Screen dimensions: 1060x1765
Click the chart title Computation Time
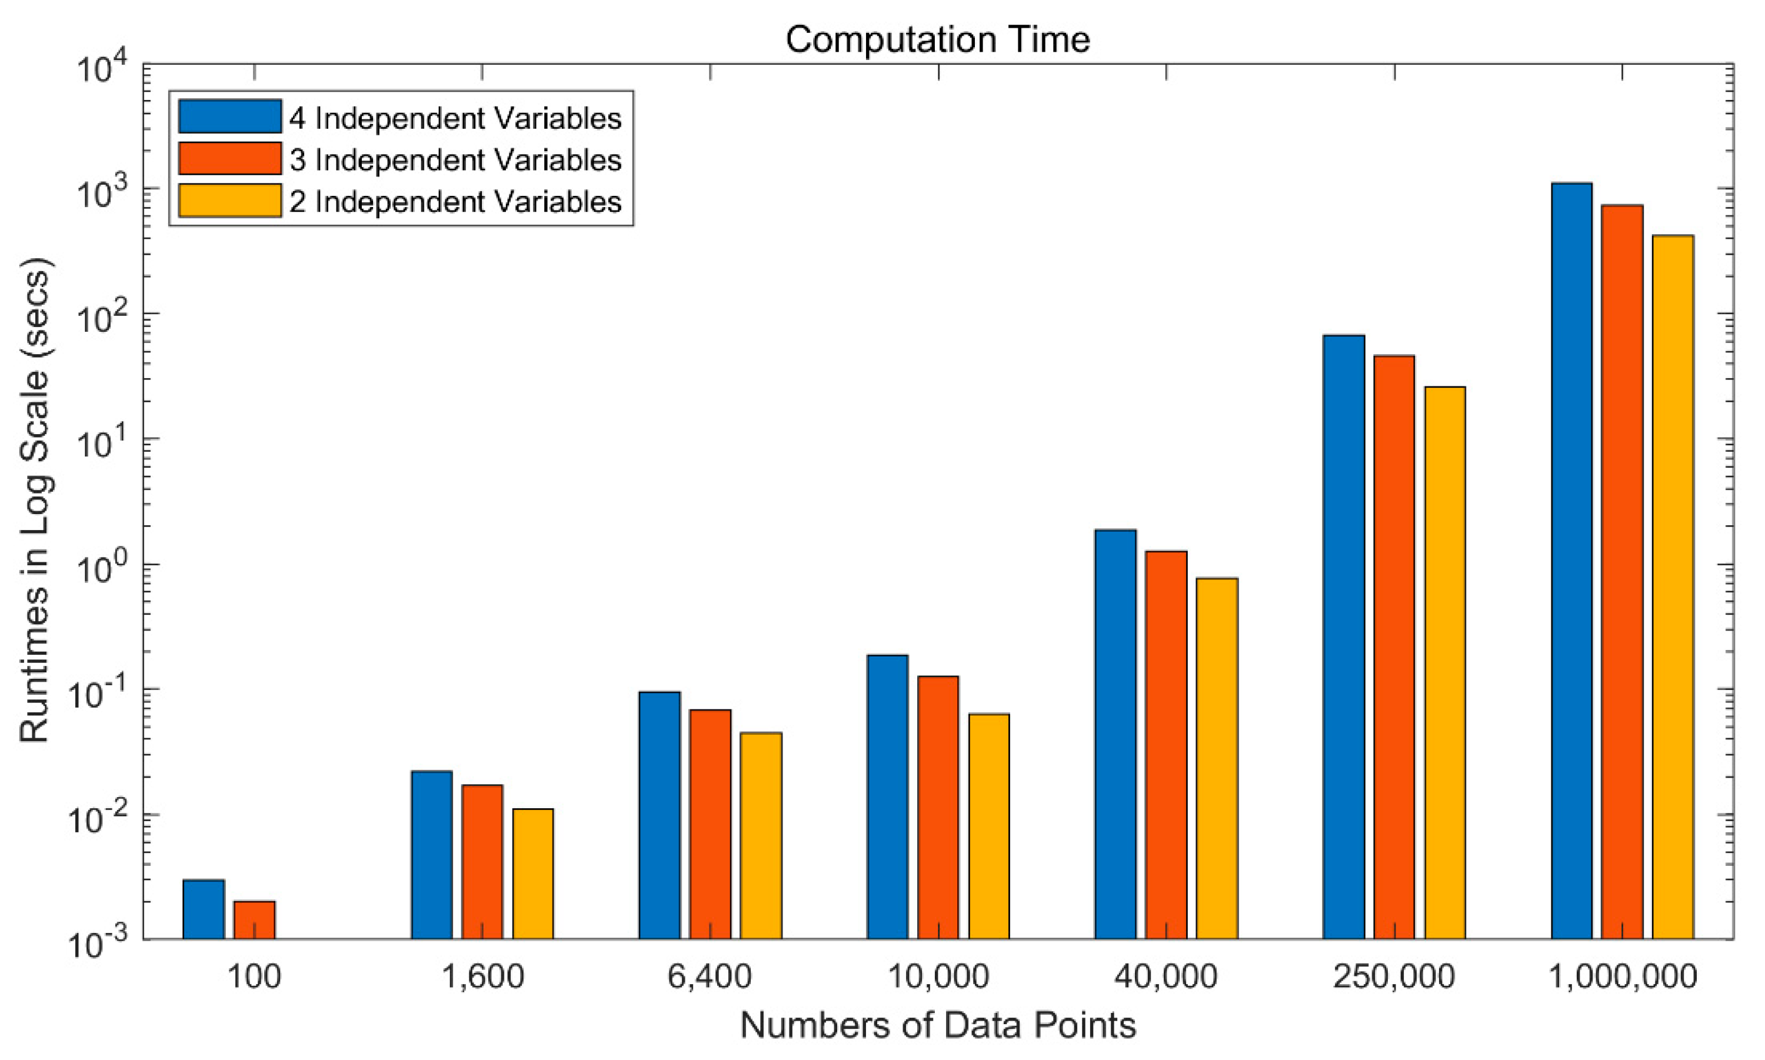point(937,39)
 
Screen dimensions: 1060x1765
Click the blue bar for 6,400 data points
point(660,814)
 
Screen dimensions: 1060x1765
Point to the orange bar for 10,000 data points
point(938,807)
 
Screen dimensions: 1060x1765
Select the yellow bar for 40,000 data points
point(1217,757)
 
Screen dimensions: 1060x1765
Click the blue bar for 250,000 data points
point(1344,636)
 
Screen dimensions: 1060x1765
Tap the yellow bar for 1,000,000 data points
point(1673,586)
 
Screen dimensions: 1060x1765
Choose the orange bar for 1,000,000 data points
point(1622,571)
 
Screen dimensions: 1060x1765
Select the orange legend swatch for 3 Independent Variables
point(229,159)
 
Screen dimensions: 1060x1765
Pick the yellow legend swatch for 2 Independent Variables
point(229,201)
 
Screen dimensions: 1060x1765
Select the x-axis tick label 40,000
point(1165,976)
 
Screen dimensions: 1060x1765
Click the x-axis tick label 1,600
point(483,976)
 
